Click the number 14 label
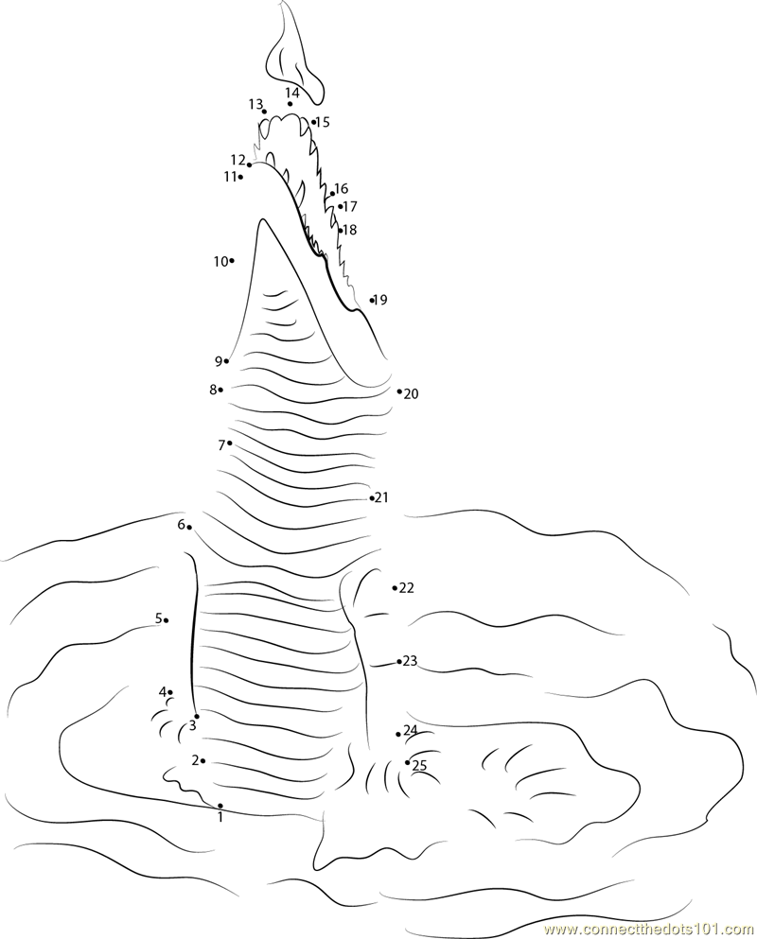pos(291,93)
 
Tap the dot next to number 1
pos(220,806)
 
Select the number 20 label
pos(412,394)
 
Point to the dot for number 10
pos(232,260)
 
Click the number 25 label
pos(419,765)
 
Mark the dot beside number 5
pos(166,620)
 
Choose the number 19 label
pos(380,300)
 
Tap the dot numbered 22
pos(395,588)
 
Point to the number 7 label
pos(221,445)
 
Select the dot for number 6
pos(189,527)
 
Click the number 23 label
pos(410,661)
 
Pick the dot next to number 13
pos(264,112)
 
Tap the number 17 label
pos(350,206)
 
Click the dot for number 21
pos(372,497)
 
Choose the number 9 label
pos(219,361)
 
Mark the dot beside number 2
pos(203,760)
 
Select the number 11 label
pos(231,177)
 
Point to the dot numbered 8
pos(221,390)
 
